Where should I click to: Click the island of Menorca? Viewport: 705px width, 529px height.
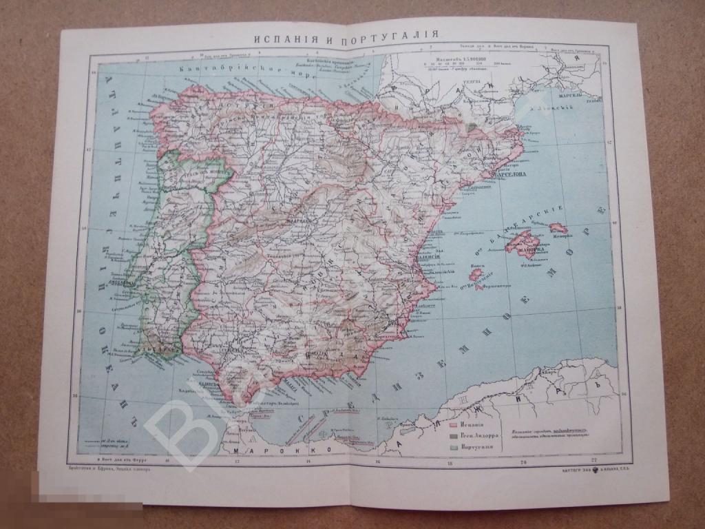[557, 227]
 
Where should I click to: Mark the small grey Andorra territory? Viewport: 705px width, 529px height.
[472, 127]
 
